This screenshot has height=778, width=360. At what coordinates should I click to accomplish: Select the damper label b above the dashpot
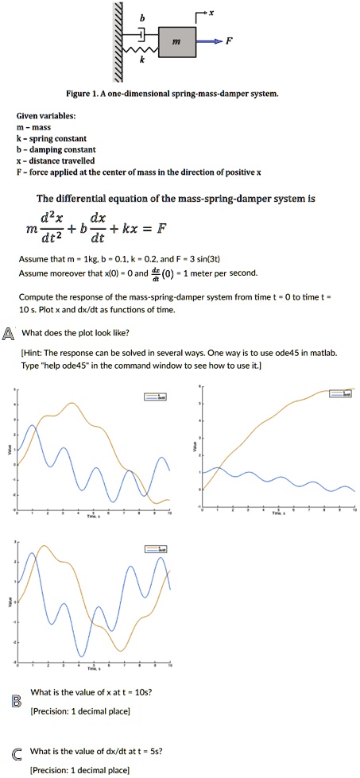click(x=141, y=18)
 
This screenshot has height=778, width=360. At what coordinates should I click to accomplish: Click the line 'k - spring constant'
click(x=56, y=138)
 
